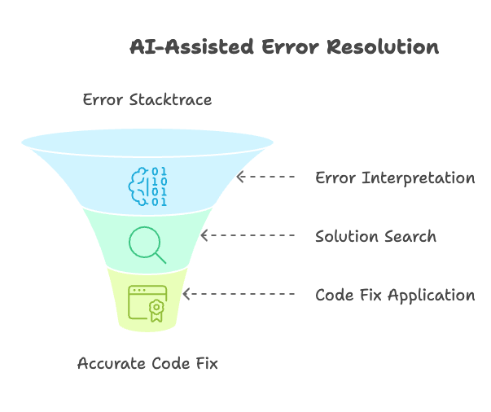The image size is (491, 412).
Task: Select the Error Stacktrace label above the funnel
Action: pyautogui.click(x=147, y=100)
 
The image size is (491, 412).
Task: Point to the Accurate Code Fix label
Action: pyautogui.click(x=147, y=363)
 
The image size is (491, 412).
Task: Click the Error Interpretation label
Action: pyautogui.click(x=395, y=178)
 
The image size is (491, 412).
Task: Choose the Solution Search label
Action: pyautogui.click(x=375, y=237)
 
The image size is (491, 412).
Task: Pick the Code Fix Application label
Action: pyautogui.click(x=395, y=295)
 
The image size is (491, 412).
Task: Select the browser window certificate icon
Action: pyautogui.click(x=147, y=303)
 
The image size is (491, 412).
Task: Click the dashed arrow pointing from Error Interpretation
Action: pyautogui.click(x=265, y=177)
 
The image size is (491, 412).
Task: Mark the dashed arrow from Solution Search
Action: pyautogui.click(x=248, y=236)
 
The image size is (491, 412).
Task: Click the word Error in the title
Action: pyautogui.click(x=290, y=47)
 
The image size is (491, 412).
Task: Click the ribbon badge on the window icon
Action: pyautogui.click(x=156, y=309)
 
